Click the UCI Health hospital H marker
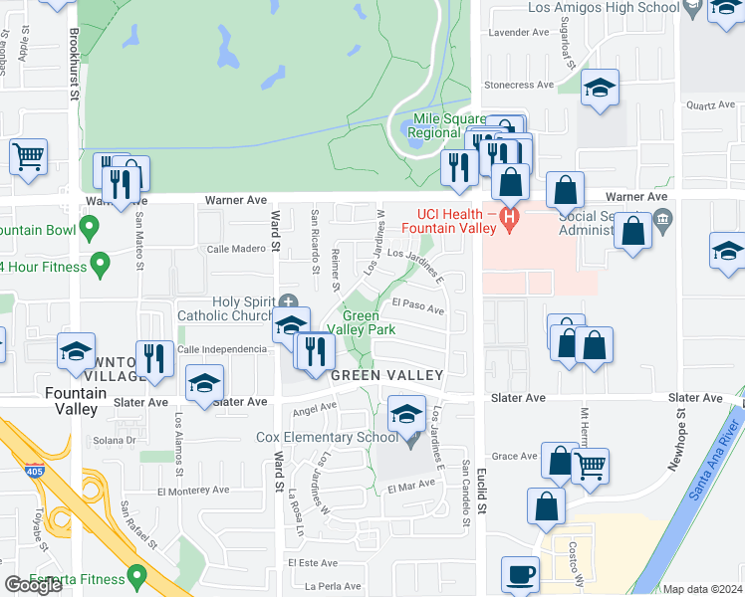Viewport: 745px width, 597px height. tap(511, 217)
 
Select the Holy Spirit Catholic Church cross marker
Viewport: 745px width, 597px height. tap(289, 301)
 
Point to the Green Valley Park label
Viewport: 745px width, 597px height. tap(368, 323)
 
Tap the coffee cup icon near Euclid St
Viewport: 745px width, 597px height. tap(521, 574)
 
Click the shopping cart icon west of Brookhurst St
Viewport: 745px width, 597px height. tap(29, 155)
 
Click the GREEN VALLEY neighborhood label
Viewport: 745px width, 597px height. tap(386, 375)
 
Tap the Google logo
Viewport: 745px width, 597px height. tap(33, 585)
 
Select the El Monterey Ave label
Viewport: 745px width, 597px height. tap(193, 491)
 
